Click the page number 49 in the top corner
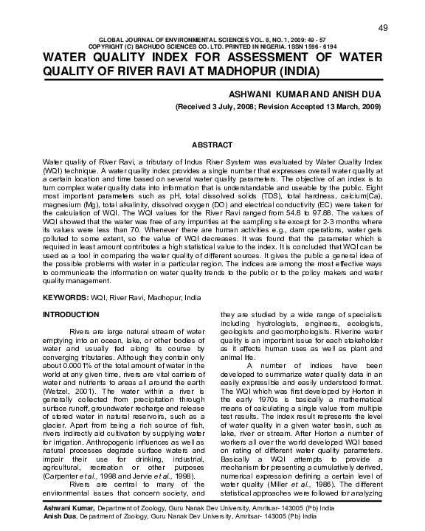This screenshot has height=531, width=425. (383, 27)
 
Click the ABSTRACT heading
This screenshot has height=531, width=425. (212, 144)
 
